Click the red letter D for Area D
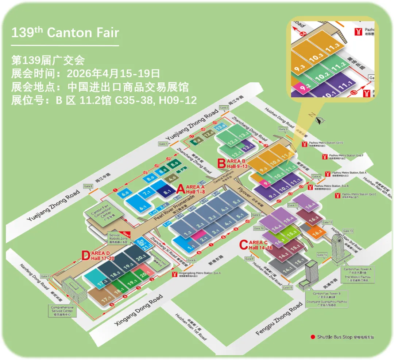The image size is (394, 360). tap(85, 255)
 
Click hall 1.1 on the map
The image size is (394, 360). tap(191, 247)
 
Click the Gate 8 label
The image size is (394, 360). tap(88, 186)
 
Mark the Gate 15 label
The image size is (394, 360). tap(288, 287)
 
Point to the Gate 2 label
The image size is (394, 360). tap(224, 108)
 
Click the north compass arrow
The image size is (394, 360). tap(320, 121)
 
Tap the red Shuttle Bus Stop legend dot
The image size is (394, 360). tap(312, 337)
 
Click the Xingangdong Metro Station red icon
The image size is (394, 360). tap(175, 274)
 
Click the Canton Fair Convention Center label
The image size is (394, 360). tap(98, 215)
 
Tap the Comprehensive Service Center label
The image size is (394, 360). tap(62, 311)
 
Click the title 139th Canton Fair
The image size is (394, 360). tap(65, 32)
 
